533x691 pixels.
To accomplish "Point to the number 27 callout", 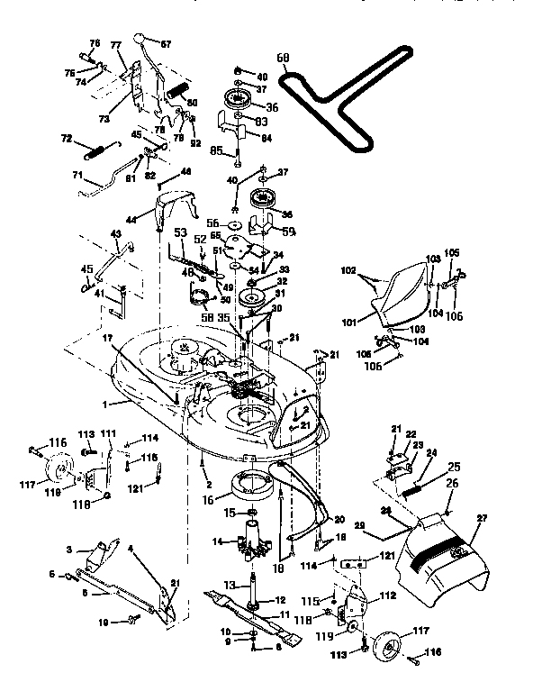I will [x=483, y=518].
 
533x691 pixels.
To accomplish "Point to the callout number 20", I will [x=339, y=519].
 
